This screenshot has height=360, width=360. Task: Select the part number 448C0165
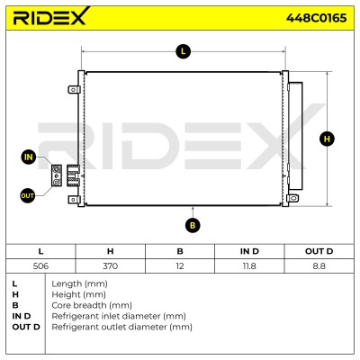316,18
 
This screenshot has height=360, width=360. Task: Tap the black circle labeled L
183,51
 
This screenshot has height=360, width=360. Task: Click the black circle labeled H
327,139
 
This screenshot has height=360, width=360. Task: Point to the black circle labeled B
193,225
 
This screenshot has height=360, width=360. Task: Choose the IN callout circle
29,157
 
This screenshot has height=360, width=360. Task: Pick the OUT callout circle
27,196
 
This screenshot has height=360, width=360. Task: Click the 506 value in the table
40,265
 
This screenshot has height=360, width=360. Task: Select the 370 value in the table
110,265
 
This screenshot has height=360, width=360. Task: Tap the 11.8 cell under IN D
249,265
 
